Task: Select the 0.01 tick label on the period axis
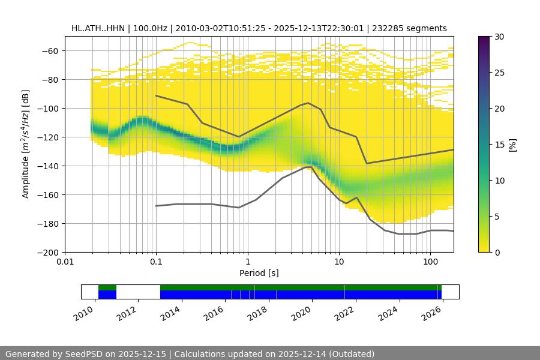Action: (x=65, y=262)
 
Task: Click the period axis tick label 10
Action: (x=338, y=262)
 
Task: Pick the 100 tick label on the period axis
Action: (x=430, y=262)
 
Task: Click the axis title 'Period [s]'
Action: (x=259, y=274)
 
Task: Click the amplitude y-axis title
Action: (x=25, y=145)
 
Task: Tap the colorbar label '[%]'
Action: (x=512, y=145)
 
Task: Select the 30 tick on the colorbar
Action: (x=499, y=37)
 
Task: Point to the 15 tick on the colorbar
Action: (x=499, y=145)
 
